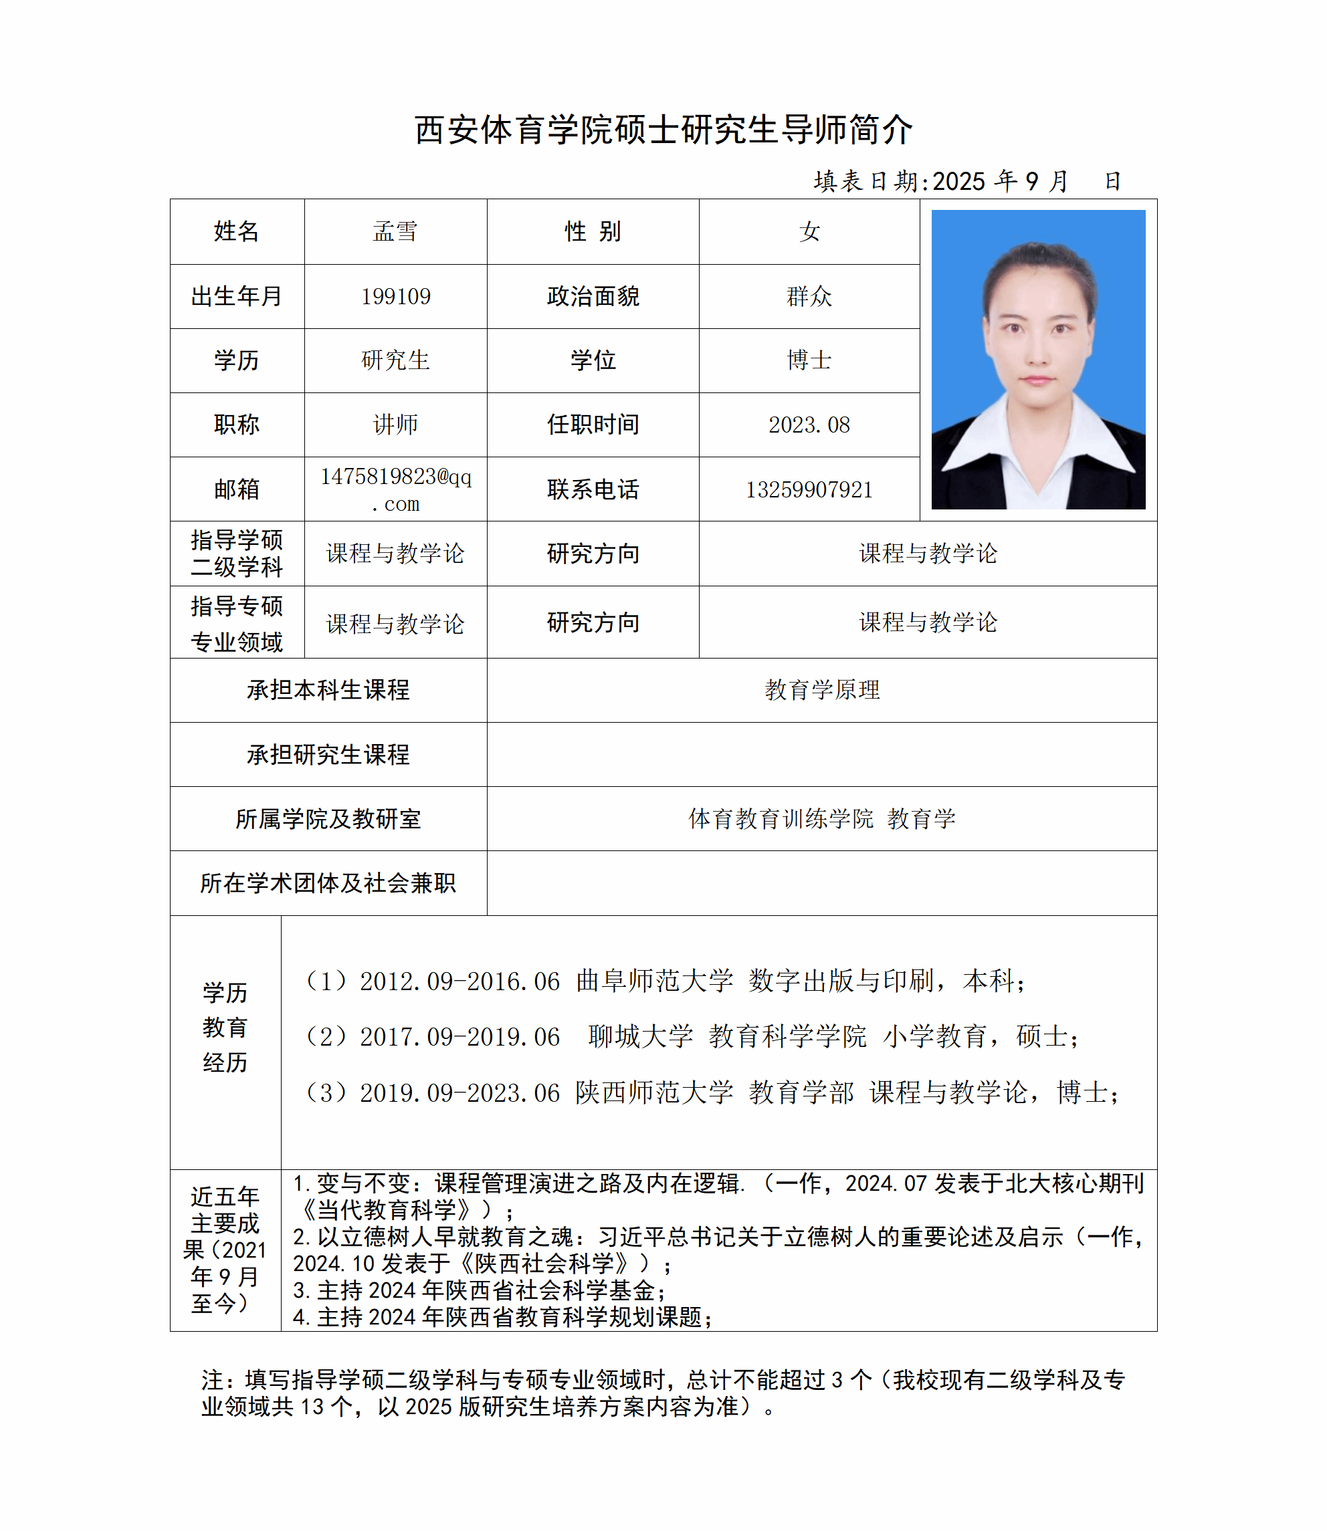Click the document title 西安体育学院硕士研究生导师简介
[x=663, y=130]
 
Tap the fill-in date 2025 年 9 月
[x=1000, y=181]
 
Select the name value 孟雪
[x=395, y=232]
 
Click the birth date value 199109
[x=395, y=297]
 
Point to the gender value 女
[x=809, y=232]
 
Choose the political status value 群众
[x=809, y=297]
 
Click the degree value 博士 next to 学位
[x=809, y=360]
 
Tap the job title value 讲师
[x=395, y=425]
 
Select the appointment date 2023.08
[x=809, y=425]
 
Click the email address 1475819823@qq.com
[x=395, y=489]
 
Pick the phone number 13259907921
[x=809, y=489]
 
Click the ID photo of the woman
[x=1037, y=360]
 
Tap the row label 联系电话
[x=593, y=489]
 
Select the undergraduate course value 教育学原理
[x=822, y=690]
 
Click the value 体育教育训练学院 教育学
[x=822, y=819]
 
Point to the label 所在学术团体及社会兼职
[x=328, y=883]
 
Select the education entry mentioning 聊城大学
[x=692, y=1036]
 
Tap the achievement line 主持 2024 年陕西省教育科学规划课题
[x=504, y=1317]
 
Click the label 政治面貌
[x=593, y=297]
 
